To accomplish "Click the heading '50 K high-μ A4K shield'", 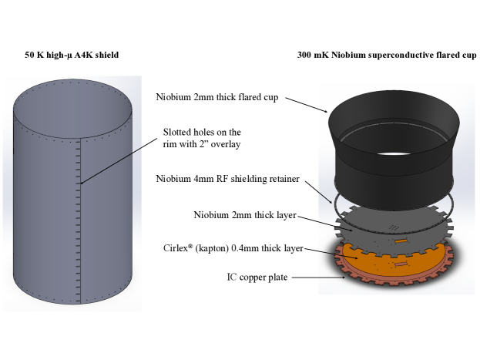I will coord(72,56).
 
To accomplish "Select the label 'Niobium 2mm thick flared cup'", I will coord(217,97).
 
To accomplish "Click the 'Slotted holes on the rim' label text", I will coord(202,138).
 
